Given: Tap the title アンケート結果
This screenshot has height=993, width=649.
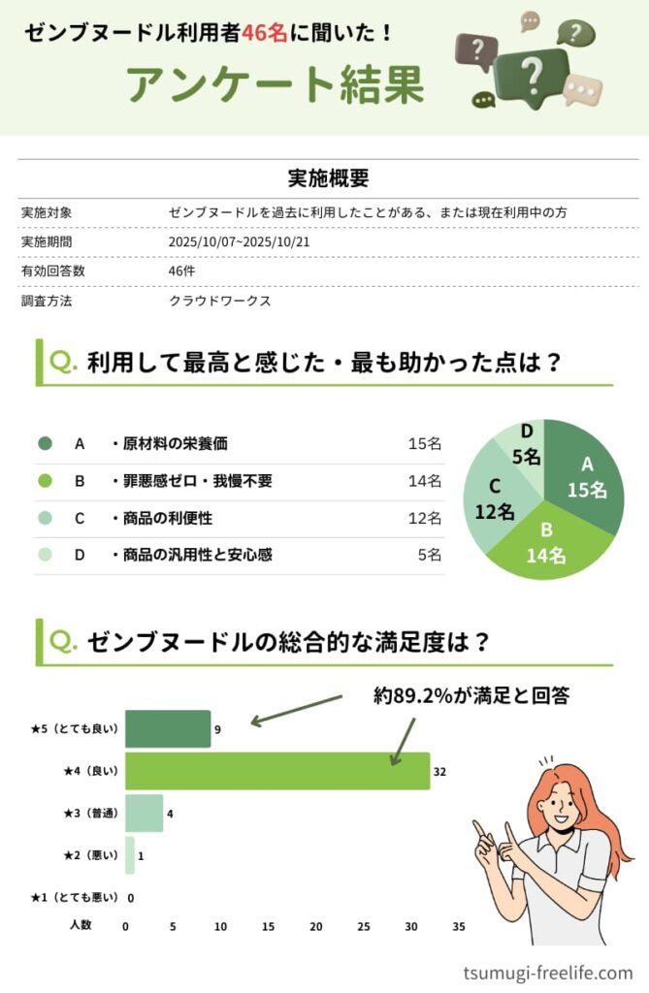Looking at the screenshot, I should (x=276, y=85).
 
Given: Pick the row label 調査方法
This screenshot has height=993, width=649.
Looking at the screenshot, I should (x=47, y=301).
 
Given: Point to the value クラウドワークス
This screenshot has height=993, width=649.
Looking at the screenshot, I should (x=219, y=301).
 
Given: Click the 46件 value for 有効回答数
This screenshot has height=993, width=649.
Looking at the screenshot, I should (x=181, y=272).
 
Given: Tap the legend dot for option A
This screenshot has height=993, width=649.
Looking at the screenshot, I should (x=45, y=444).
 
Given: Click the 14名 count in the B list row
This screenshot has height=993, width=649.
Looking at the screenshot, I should (x=425, y=481).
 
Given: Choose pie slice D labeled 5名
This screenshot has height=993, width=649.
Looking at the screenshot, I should (x=527, y=444).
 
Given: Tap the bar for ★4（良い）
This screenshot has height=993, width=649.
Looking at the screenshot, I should (x=276, y=771).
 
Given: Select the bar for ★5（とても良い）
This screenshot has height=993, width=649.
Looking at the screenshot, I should (x=168, y=729).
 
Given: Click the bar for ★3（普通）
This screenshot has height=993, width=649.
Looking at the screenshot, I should (x=144, y=814).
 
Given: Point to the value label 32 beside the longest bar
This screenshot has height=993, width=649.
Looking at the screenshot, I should (x=439, y=772).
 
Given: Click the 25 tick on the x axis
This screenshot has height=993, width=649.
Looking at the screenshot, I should (x=364, y=927).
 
